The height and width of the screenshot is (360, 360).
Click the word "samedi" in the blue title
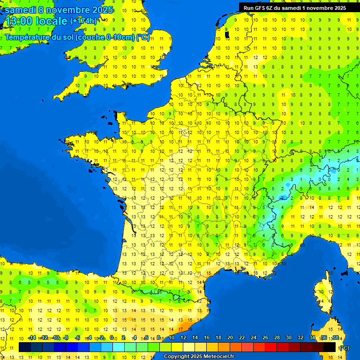pos(21,9)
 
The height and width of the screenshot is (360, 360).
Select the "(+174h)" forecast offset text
pos(83,21)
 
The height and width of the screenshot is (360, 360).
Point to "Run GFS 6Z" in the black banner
pos(259,7)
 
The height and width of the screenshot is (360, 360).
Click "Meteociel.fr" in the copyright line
pos(216,357)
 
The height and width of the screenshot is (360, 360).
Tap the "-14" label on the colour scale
pos(32,337)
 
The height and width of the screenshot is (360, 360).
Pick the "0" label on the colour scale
pos(112,337)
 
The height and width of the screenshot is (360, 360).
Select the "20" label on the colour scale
pos(230,337)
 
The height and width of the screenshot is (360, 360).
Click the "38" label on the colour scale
pos(335,337)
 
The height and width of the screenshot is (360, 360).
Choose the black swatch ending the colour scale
pos(330,347)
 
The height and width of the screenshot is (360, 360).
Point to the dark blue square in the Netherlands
pos(227,34)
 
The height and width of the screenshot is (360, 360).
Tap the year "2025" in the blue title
pos(99,9)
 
